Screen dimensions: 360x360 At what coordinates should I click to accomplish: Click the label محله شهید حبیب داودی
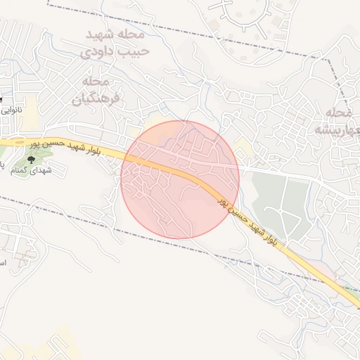pos(114,42)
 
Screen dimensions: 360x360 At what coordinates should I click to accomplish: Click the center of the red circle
pos(180,179)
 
